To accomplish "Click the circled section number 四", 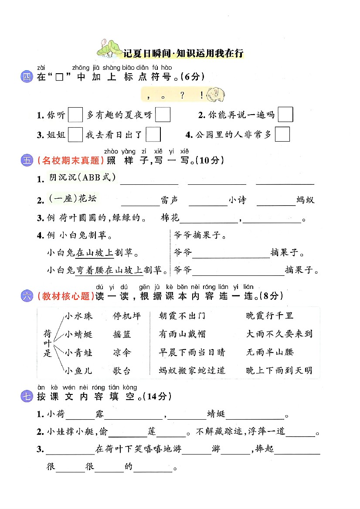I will tap(27, 78).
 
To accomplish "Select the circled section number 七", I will tap(27, 397).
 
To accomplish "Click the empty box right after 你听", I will tap(75, 115).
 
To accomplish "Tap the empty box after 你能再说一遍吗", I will tap(285, 115).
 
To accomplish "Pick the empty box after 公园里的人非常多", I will tap(282, 134).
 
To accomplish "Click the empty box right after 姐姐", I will tap(75, 134).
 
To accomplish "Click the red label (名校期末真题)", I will tap(71, 160).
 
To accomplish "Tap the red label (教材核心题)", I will tap(66, 296).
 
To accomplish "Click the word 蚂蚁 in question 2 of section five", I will tap(305, 200).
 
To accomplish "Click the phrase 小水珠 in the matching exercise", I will tap(79, 316).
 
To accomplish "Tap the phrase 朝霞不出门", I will tap(182, 316).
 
